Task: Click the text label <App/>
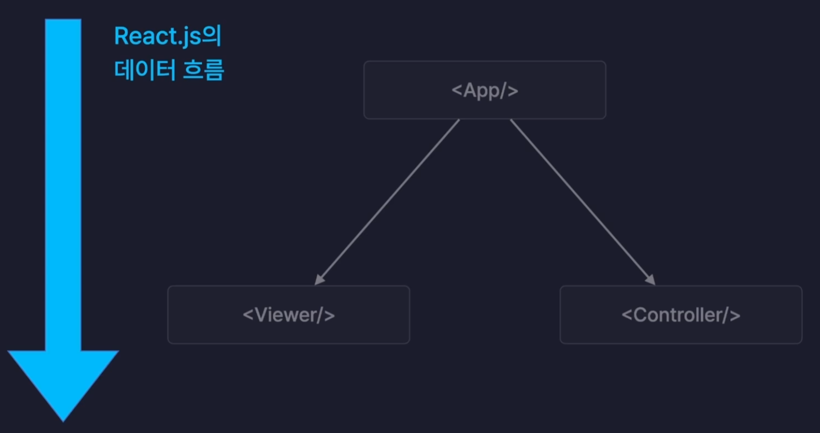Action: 484,91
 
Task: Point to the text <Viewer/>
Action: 289,315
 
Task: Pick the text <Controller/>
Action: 681,315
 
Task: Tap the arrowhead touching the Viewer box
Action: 319,280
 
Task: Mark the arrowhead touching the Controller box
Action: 651,280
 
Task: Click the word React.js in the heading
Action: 158,36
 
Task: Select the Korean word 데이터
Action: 145,70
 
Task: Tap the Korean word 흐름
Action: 203,70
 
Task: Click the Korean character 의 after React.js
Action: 212,36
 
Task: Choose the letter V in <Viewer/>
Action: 261,315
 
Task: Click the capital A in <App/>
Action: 470,90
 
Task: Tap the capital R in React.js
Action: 121,36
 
